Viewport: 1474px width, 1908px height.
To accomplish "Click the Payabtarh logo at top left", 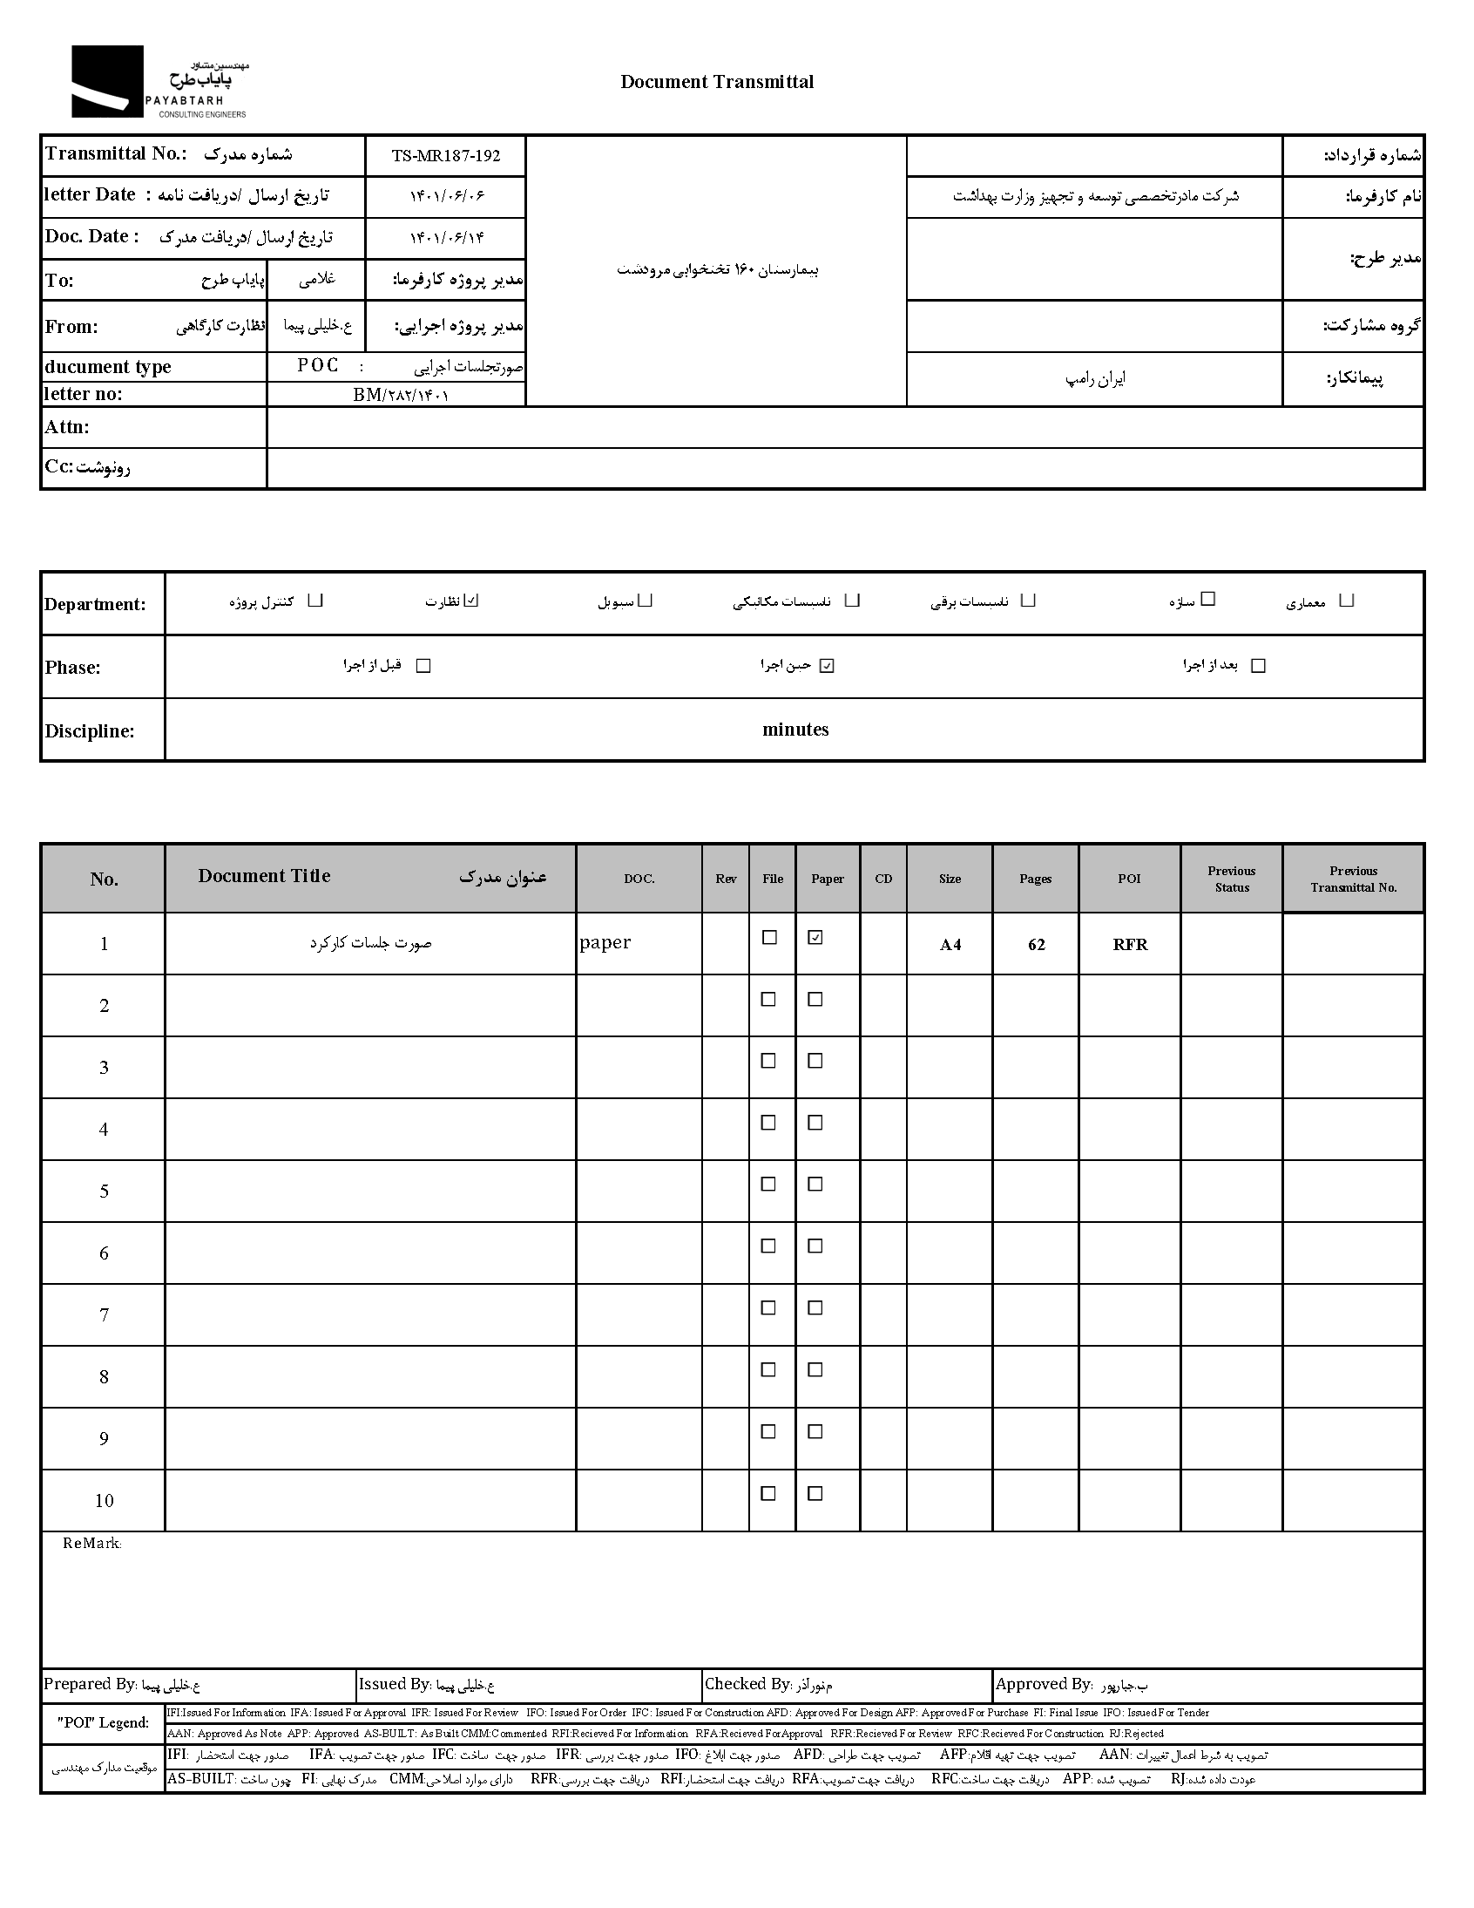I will pyautogui.click(x=159, y=82).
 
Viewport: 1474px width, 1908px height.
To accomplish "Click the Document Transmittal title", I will pyautogui.click(x=716, y=82).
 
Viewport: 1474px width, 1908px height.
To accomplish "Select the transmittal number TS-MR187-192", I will pyautogui.click(x=445, y=156).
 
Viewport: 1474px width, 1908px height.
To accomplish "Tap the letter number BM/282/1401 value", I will pyautogui.click(x=401, y=395).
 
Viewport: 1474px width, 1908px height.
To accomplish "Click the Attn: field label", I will pyautogui.click(x=67, y=427).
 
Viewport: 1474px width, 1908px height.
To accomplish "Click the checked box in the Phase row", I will pyautogui.click(x=827, y=666).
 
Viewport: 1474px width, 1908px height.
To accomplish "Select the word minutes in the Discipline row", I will pyautogui.click(x=794, y=730).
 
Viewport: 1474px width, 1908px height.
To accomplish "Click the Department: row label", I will pyautogui.click(x=95, y=605).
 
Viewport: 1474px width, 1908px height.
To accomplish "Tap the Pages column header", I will pyautogui.click(x=1035, y=879).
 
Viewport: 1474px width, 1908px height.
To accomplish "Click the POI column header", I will pyautogui.click(x=1129, y=879).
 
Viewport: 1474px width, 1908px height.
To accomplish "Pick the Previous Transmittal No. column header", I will pyautogui.click(x=1353, y=879).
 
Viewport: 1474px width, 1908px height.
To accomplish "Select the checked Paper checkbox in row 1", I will pyautogui.click(x=815, y=937).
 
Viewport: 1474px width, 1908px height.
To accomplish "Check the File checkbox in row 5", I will pyautogui.click(x=768, y=1184).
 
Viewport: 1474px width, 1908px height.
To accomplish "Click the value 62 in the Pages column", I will pyautogui.click(x=1036, y=944).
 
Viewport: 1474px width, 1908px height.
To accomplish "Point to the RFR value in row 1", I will pyautogui.click(x=1130, y=944).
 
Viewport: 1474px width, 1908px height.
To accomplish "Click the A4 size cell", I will pyautogui.click(x=950, y=944).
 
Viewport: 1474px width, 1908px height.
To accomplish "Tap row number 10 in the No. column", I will pyautogui.click(x=104, y=1500).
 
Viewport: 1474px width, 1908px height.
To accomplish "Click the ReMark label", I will pyautogui.click(x=91, y=1544).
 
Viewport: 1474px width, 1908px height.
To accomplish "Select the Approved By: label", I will pyautogui.click(x=1044, y=1684).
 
